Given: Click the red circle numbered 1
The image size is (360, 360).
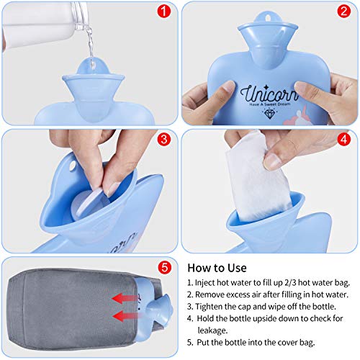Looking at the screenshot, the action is pyautogui.click(x=164, y=12).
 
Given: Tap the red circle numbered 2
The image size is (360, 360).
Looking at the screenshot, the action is pyautogui.click(x=344, y=12).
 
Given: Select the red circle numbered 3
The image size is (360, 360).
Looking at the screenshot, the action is pyautogui.click(x=164, y=139).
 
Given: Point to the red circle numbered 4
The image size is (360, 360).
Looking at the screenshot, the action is pyautogui.click(x=344, y=139).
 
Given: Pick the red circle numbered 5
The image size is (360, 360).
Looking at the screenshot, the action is pyautogui.click(x=165, y=267).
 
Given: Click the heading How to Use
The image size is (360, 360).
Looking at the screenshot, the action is pyautogui.click(x=217, y=268).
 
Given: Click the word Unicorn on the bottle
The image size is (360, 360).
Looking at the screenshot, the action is pyautogui.click(x=269, y=94).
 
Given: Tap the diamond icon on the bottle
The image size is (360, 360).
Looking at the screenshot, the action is pyautogui.click(x=269, y=114).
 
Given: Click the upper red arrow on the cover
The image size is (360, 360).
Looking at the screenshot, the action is pyautogui.click(x=124, y=299).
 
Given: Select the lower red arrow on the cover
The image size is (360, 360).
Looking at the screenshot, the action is pyautogui.click(x=124, y=316).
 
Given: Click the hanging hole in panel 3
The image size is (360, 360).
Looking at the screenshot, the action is pyautogui.click(x=72, y=166).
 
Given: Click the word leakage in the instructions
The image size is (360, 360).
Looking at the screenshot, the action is pyautogui.click(x=212, y=330).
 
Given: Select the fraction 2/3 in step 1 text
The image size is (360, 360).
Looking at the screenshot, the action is pyautogui.click(x=290, y=283).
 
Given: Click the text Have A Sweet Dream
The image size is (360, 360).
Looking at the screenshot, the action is pyautogui.click(x=269, y=104).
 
